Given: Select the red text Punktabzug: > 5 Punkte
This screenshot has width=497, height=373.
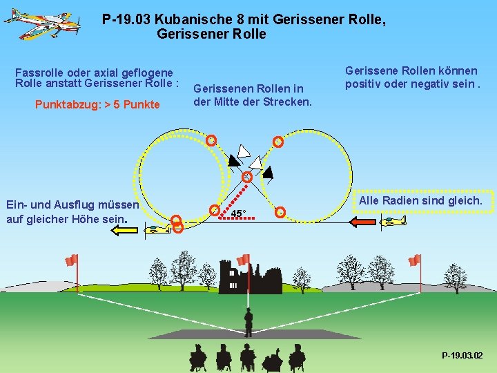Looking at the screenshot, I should pyautogui.click(x=97, y=104).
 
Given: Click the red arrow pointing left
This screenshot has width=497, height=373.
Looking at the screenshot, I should pyautogui.click(x=363, y=222).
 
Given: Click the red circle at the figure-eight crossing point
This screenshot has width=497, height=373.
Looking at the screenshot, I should pyautogui.click(x=246, y=177).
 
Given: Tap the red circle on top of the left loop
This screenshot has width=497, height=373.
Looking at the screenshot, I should pyautogui.click(x=212, y=140).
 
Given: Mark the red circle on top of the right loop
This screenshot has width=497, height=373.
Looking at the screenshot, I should pyautogui.click(x=277, y=142).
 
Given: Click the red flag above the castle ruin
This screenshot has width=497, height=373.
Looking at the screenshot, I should pyautogui.click(x=244, y=260).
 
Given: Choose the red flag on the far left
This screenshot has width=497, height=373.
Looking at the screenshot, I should pyautogui.click(x=71, y=260).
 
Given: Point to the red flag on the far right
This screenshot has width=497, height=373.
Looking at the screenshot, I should pyautogui.click(x=414, y=260).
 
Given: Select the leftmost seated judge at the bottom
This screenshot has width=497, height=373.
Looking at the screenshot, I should pyautogui.click(x=197, y=358).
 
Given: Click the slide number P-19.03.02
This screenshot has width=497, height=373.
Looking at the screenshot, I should pyautogui.click(x=462, y=355).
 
